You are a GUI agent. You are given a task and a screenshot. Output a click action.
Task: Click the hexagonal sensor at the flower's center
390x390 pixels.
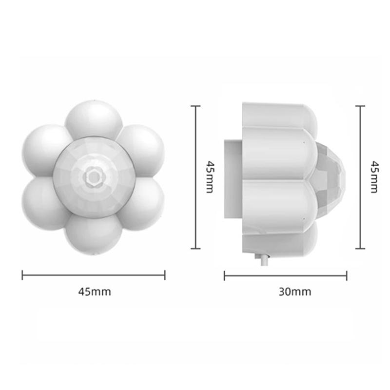94,177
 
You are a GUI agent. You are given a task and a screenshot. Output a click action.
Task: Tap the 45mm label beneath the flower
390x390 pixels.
95,292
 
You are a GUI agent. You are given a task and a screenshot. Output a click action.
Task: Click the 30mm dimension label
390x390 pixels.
295,292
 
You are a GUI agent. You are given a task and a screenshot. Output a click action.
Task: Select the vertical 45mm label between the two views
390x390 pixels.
210,177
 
